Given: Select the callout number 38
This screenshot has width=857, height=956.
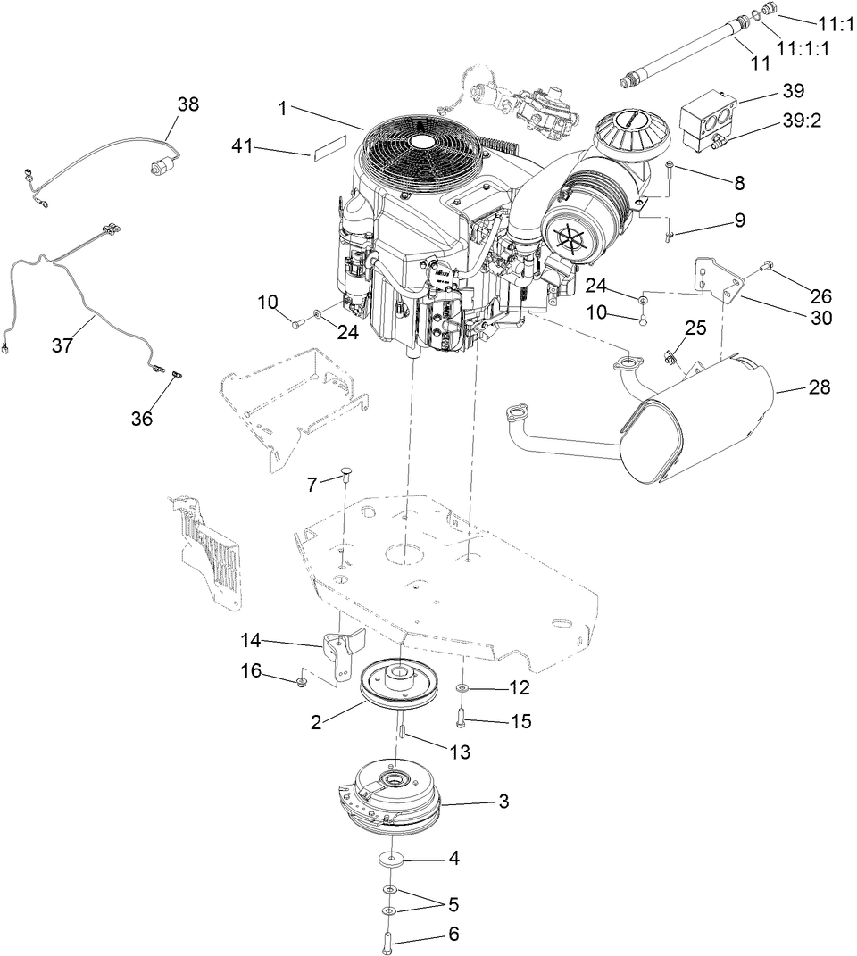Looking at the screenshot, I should pos(188,104).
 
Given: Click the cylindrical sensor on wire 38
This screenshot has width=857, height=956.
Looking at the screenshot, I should pos(162,165).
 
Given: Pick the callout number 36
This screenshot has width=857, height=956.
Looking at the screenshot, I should pos(143,417).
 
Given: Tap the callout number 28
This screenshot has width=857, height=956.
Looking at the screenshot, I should pos(819,387).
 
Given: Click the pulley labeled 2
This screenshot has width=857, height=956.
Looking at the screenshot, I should pos(395,683).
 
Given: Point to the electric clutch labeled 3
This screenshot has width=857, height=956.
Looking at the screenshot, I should pos(393,796).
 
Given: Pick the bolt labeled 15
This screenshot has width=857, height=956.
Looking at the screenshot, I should pos(462,715).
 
